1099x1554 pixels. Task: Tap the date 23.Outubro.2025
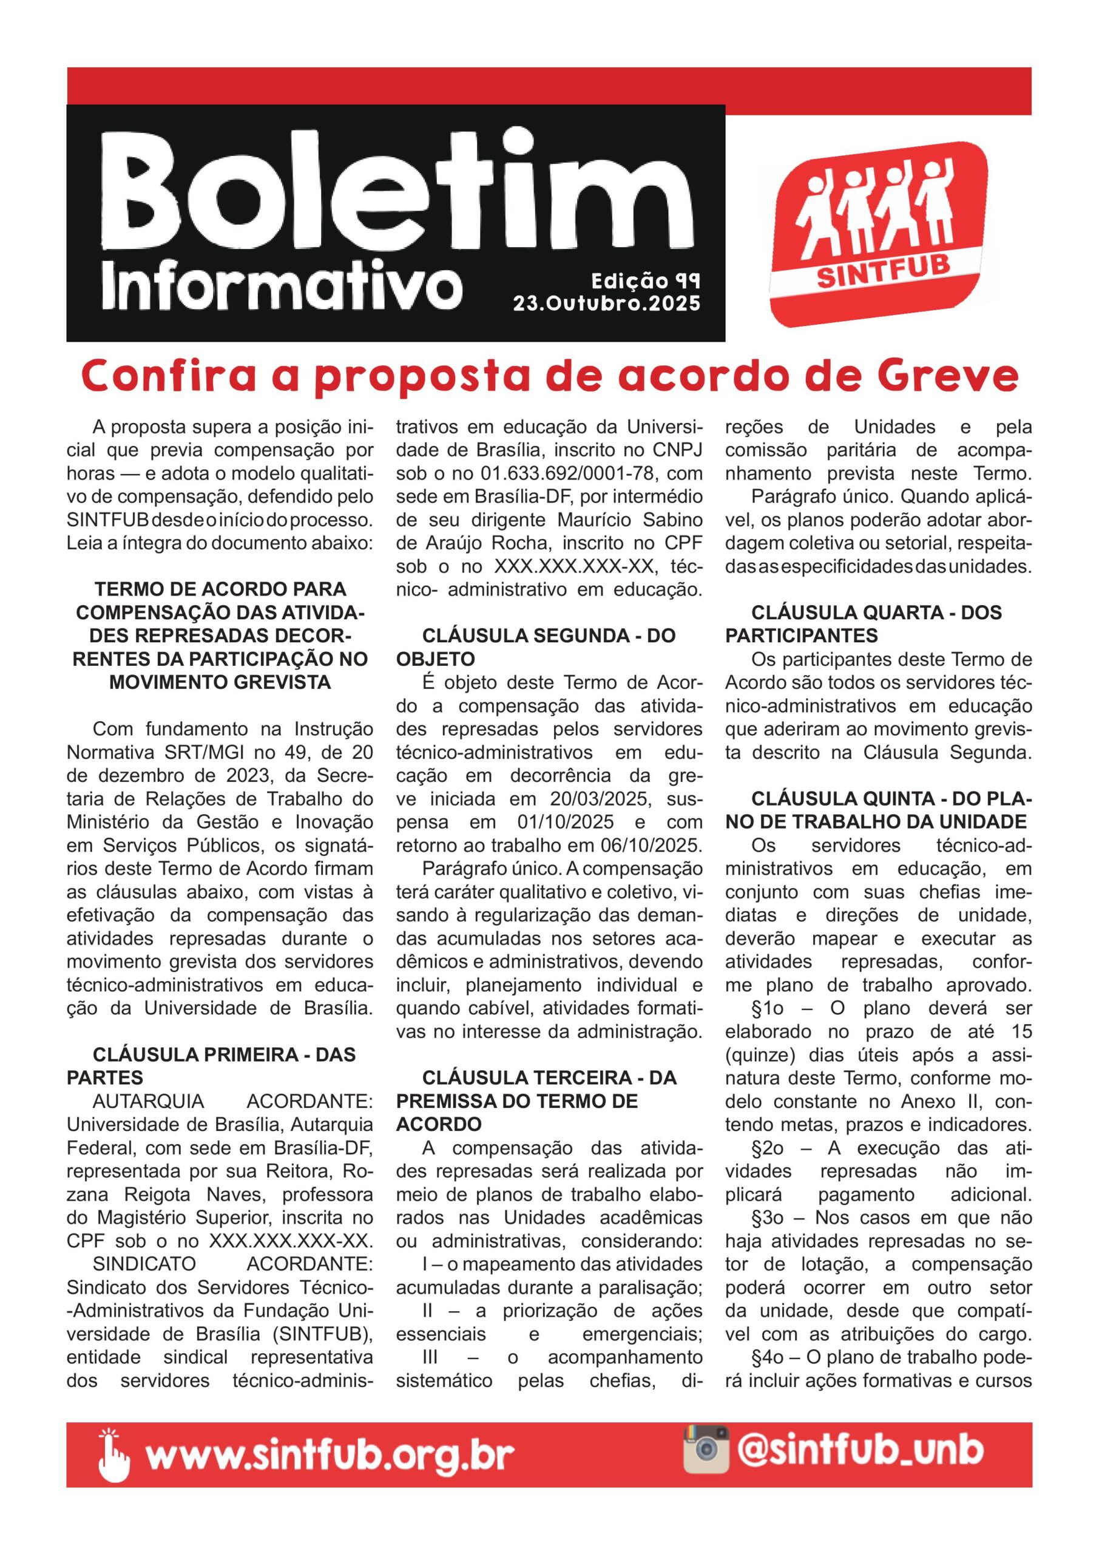point(606,304)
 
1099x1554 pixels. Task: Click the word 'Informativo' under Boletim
point(282,287)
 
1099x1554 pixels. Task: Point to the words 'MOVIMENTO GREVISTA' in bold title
point(220,682)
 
